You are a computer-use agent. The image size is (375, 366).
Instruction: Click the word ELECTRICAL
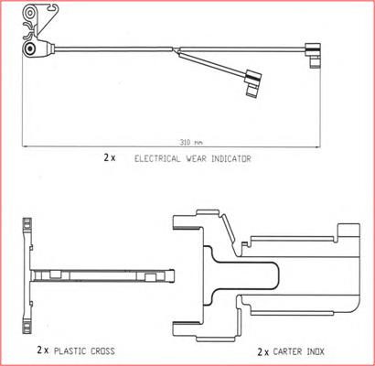pos(157,158)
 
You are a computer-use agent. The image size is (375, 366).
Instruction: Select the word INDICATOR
pos(231,158)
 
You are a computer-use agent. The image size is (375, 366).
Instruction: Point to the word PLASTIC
pos(70,350)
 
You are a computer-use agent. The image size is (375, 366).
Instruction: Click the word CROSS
pos(102,350)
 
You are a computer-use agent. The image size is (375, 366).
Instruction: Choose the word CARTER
pos(285,351)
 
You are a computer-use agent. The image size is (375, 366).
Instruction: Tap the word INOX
pos(314,351)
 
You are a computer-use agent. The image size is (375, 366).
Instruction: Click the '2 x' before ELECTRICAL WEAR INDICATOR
pos(110,158)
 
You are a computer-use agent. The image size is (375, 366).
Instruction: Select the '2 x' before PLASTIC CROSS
pos(43,350)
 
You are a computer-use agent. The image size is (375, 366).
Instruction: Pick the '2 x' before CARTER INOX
pos(263,352)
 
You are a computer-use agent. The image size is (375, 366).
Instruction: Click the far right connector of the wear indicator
pos(314,55)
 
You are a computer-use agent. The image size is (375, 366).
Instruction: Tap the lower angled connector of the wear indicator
pos(253,83)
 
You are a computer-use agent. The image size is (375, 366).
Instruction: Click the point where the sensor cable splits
pos(177,50)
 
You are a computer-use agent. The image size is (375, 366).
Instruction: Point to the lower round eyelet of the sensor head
pos(30,48)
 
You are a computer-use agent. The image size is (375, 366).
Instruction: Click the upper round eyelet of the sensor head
pos(30,13)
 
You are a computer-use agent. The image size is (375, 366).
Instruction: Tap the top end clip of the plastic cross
pos(27,226)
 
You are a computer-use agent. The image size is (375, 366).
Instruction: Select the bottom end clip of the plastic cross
pos(27,325)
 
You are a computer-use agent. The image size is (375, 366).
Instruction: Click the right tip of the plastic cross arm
pos(174,276)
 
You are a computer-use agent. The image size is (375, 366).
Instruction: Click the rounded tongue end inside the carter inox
pos(278,276)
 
